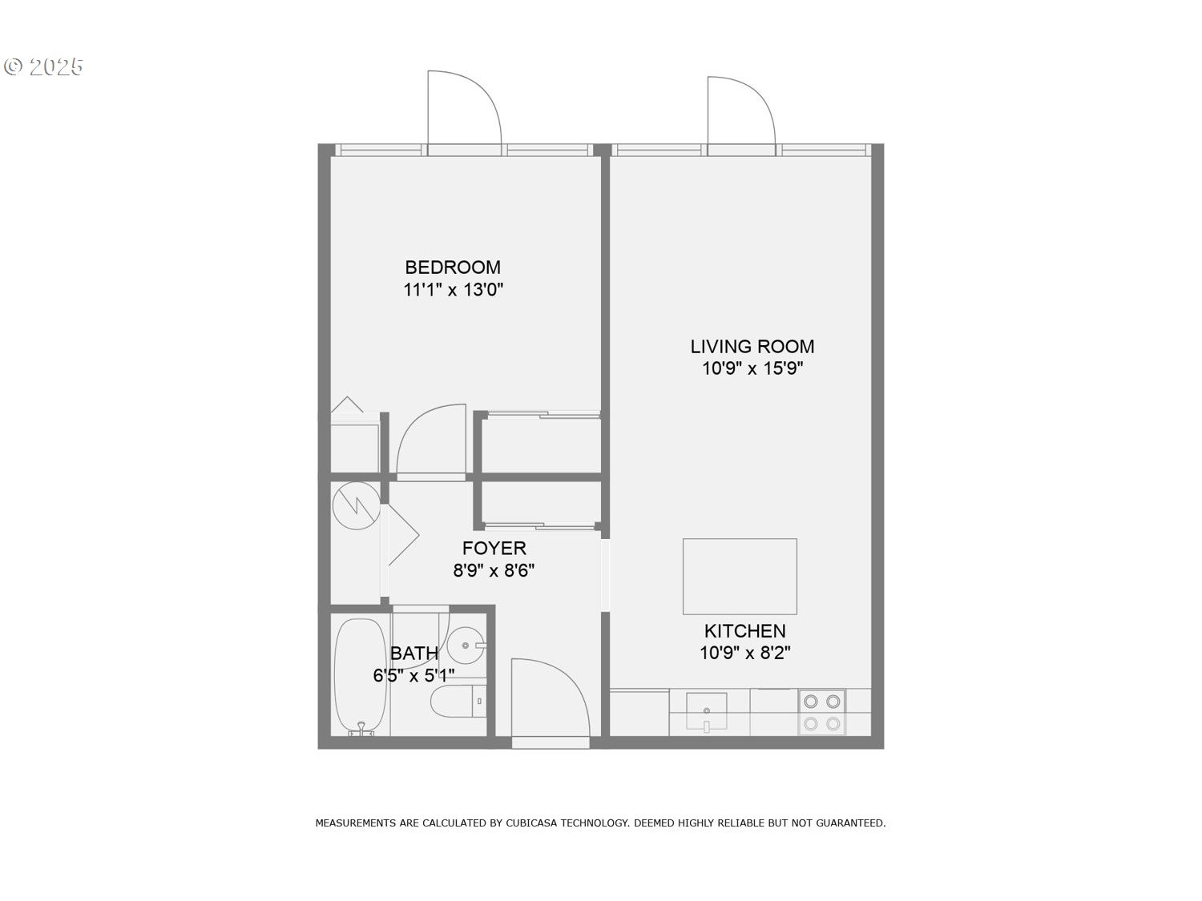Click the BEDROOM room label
coord(452,267)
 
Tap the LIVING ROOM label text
coord(752,346)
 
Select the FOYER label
coord(494,548)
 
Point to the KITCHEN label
coord(744,631)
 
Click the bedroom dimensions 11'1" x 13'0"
coord(453,289)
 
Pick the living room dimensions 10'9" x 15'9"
coord(752,368)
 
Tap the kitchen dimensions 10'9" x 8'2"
coord(744,653)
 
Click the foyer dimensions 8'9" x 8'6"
coord(494,570)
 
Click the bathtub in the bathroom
coord(361,676)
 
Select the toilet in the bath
coord(458,701)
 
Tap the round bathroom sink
coord(466,646)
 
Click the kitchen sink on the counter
coord(707,711)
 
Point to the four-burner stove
coord(822,712)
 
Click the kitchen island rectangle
coord(740,577)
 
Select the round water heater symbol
coord(357,505)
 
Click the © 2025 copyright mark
coord(43,66)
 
